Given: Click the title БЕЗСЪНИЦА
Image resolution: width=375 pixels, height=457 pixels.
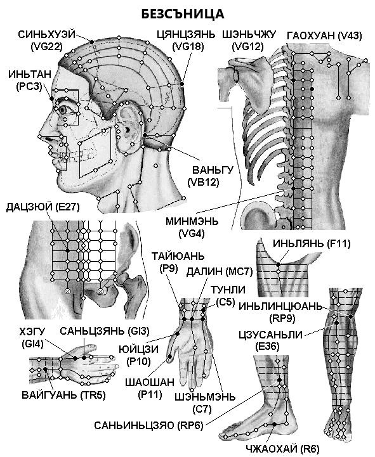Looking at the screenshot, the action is coord(183,14).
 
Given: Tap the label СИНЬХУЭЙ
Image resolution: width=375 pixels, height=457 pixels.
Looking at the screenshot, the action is coord(47,34).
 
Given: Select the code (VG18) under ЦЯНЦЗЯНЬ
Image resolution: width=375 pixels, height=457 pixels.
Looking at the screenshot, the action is coord(188,46).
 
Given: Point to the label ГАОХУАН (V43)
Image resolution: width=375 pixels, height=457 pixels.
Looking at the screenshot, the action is coord(324,35).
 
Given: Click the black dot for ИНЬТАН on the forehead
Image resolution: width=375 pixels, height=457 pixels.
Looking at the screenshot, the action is coord(52,99).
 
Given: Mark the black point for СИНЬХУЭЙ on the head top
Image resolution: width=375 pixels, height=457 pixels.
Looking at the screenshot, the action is coord(91,42).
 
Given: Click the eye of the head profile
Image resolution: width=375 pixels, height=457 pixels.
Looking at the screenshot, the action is coord(64,110).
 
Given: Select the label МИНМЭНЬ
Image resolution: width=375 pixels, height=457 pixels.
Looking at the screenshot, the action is coord(192,221).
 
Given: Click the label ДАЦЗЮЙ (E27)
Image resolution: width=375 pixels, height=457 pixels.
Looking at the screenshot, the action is coord(43,207).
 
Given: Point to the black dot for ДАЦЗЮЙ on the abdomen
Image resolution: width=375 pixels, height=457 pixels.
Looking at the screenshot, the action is coord(67,250).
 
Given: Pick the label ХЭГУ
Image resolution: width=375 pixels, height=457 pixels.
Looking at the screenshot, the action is coord(32,331).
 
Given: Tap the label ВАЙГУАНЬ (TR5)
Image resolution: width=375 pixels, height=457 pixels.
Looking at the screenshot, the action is coord(63,396).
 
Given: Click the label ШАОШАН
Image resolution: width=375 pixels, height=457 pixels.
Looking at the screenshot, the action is coord(150,382).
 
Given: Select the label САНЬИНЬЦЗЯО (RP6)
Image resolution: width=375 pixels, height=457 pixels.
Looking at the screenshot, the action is coord(148,425).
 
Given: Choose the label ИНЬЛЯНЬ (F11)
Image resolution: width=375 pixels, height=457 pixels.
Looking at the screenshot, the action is coord(312,243).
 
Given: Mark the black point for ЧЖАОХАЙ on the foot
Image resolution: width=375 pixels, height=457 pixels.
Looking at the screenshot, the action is coord(274,425).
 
